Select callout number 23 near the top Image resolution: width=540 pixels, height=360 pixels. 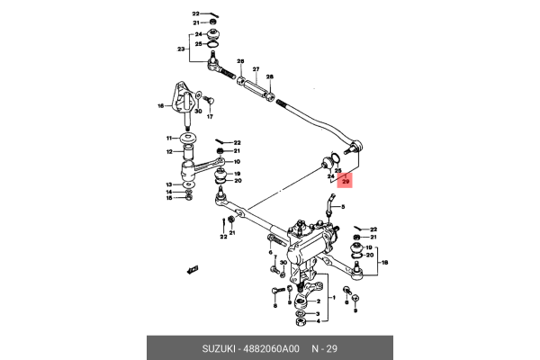tap(181, 49)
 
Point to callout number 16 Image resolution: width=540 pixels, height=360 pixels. tap(161, 105)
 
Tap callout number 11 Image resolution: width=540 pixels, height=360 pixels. tap(167, 138)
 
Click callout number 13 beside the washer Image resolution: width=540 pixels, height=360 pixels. tap(167, 184)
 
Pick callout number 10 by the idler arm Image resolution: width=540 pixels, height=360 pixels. tap(237, 162)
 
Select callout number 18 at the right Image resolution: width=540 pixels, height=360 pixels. tap(386, 262)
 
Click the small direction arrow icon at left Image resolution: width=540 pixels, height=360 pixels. tap(190, 268)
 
